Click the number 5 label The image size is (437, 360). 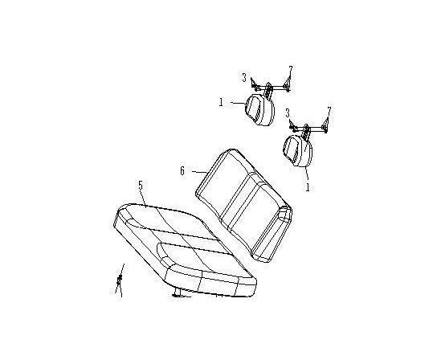[x=141, y=186]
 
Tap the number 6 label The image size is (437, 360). [x=182, y=170]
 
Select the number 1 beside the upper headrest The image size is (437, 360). [x=221, y=102]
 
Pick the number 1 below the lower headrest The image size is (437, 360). [x=308, y=187]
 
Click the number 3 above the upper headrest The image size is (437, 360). [x=244, y=77]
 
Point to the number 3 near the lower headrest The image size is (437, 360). [x=288, y=113]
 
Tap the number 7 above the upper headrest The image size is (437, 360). [x=291, y=70]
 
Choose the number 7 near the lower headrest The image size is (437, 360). [x=329, y=111]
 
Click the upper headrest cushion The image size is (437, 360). [x=259, y=110]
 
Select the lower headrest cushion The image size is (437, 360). [x=298, y=150]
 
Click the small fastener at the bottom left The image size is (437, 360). [x=120, y=280]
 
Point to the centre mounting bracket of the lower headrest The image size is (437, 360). [x=306, y=131]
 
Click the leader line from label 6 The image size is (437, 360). [x=199, y=172]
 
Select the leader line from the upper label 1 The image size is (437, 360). [x=238, y=103]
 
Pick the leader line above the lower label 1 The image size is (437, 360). [x=306, y=173]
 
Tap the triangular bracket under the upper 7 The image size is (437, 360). [x=287, y=84]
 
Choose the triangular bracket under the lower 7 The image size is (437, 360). [x=325, y=125]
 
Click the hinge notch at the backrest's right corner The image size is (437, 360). [x=285, y=212]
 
